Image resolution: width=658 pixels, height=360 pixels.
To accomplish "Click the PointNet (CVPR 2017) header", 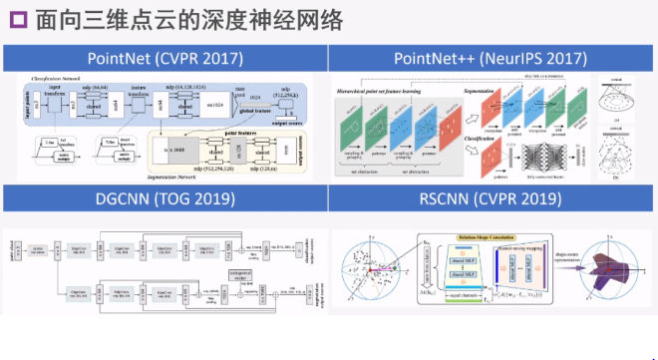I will point(164,59).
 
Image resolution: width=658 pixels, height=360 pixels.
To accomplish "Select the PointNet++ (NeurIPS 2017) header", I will point(493,59).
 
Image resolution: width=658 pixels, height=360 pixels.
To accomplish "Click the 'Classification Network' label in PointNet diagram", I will point(66,76).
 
